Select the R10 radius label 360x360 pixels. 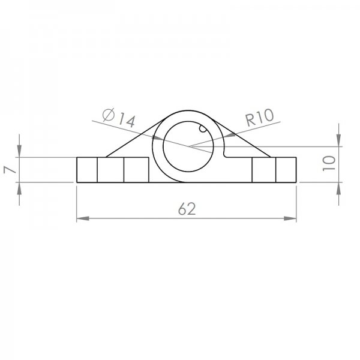point(260,117)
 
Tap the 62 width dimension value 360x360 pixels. point(187,209)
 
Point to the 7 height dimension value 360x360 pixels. point(10,170)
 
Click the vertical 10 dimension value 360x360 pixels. point(329,163)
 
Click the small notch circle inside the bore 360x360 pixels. point(203,128)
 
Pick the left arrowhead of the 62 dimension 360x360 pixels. point(83,218)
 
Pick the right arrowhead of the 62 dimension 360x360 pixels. point(290,218)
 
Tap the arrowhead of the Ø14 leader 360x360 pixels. point(158,138)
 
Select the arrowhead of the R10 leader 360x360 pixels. point(229,135)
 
